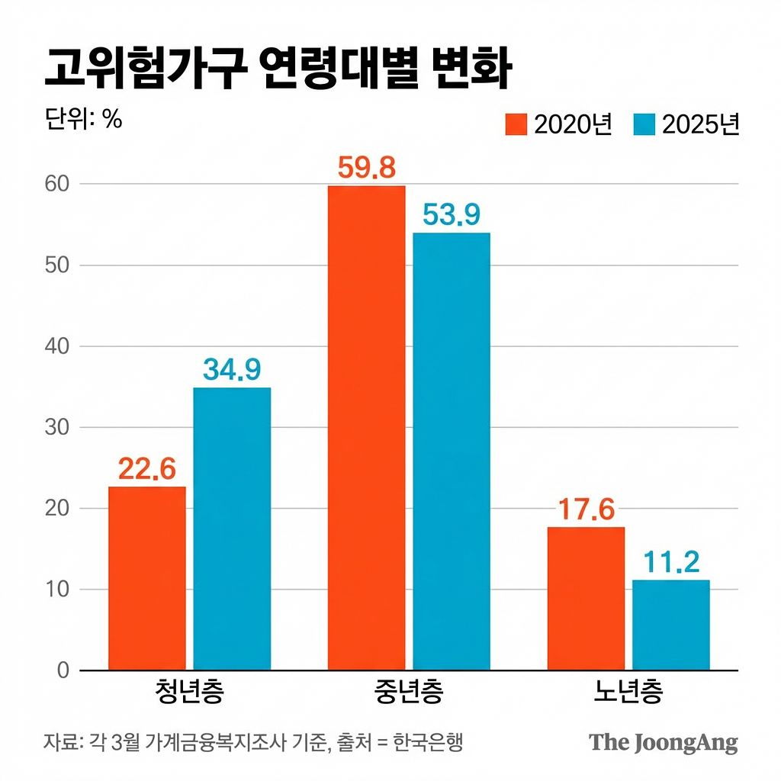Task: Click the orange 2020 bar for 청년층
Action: click(147, 578)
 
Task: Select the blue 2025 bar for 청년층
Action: click(232, 529)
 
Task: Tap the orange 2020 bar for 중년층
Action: click(367, 428)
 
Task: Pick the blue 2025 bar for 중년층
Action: click(452, 452)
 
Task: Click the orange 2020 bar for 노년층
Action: click(586, 599)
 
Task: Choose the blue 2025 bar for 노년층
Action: click(670, 625)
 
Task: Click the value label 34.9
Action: click(232, 371)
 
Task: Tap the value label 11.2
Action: click(670, 564)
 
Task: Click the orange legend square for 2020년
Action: click(516, 124)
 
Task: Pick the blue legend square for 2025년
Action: click(644, 124)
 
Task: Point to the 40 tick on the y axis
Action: click(59, 346)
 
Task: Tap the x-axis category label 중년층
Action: click(409, 693)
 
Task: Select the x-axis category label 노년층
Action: click(628, 693)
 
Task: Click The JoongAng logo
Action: click(663, 742)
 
